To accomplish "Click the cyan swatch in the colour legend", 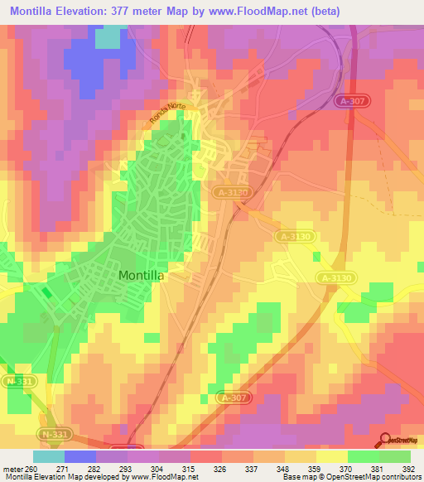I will pyautogui.click(x=49, y=457).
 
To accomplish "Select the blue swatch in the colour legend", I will pyautogui.click(x=80, y=457).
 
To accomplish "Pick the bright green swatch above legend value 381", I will pyautogui.click(x=364, y=457).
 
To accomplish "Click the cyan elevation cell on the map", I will pyautogui.click(x=108, y=38).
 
